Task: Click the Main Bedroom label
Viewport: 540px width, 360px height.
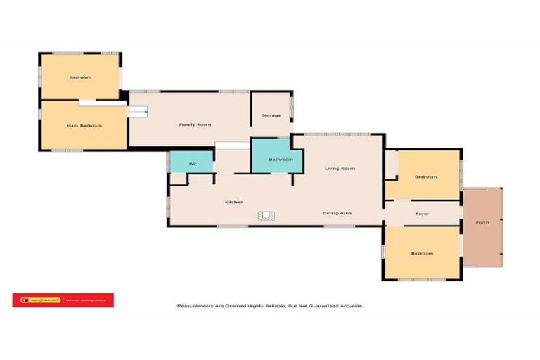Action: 84,126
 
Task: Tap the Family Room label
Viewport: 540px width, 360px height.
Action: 195,124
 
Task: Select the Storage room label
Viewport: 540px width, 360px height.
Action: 271,115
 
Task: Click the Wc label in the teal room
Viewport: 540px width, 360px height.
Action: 191,165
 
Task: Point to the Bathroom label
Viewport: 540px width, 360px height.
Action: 281,160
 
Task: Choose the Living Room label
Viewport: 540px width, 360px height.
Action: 339,169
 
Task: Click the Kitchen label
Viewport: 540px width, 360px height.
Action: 234,202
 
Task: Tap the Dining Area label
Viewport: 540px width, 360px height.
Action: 337,212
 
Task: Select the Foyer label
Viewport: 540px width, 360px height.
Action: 422,213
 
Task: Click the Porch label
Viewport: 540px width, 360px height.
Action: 482,223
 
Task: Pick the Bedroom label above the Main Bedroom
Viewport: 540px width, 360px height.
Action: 79,77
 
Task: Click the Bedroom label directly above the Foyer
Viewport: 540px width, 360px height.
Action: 425,177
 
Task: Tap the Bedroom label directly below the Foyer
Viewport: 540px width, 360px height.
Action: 422,253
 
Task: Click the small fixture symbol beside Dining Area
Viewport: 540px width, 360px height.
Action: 266,216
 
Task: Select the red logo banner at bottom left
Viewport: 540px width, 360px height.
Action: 63,300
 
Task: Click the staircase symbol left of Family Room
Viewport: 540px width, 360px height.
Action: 137,111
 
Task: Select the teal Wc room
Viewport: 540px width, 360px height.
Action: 191,160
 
